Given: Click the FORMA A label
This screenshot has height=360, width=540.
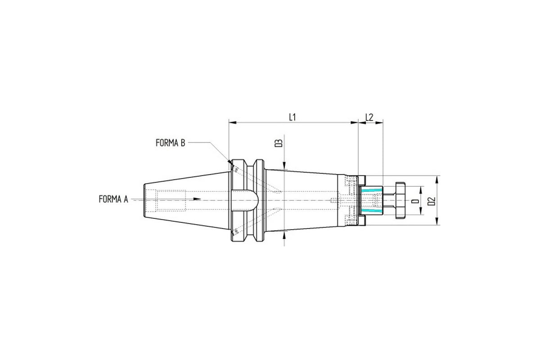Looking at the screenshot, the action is pyautogui.click(x=113, y=199).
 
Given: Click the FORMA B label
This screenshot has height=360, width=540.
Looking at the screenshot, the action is pyautogui.click(x=171, y=143).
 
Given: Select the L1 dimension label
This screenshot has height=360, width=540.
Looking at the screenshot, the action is pyautogui.click(x=292, y=117).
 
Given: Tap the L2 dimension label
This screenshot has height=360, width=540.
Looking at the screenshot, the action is pyautogui.click(x=369, y=117).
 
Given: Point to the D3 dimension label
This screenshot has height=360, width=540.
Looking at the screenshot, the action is pyautogui.click(x=279, y=143).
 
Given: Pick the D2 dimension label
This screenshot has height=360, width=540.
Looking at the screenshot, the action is pyautogui.click(x=432, y=201).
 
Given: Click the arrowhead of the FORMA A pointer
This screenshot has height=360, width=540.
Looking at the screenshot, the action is pyautogui.click(x=197, y=199).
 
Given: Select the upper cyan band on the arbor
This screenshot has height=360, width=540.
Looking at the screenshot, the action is pyautogui.click(x=370, y=190).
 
